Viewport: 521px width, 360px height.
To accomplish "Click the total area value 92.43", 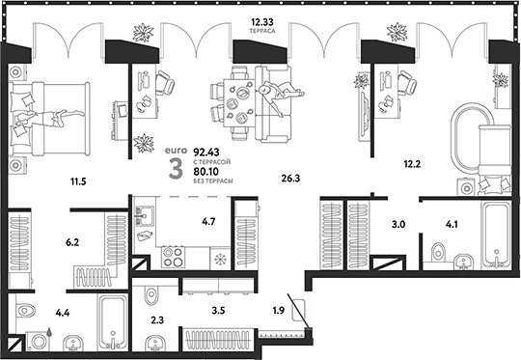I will pos(206,152).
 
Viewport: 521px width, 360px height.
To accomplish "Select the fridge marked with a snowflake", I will pos(217,259).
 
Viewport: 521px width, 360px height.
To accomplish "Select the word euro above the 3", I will pos(174,152).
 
